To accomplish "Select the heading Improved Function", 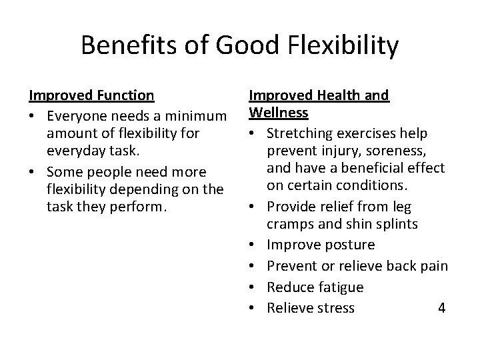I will (92, 95).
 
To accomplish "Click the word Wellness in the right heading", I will (279, 113).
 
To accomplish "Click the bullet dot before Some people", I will (34, 171).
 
